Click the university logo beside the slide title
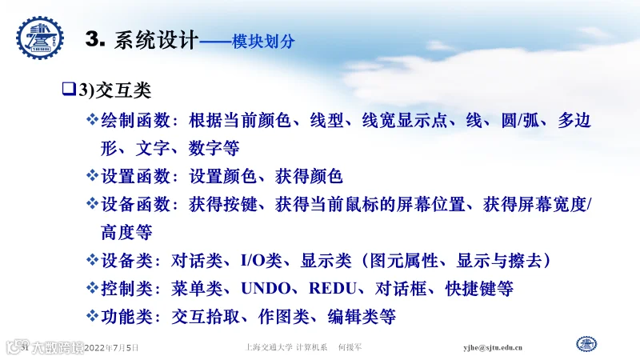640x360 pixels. coord(40,38)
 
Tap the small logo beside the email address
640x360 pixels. coord(586,344)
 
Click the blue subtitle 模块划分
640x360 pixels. coord(263,41)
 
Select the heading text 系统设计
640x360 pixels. coord(156,40)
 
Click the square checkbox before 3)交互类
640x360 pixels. coord(69,89)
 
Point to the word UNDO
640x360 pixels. coord(266,288)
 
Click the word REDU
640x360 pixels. coord(332,288)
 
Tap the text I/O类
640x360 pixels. coord(262,261)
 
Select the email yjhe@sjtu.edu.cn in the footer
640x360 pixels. coord(493,348)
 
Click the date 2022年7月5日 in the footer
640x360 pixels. coord(111,348)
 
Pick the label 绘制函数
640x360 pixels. coord(135,120)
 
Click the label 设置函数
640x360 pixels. coord(135,176)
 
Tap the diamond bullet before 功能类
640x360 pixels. coord(92,315)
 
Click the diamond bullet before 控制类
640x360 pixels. coord(92,287)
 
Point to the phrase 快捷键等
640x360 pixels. coord(479,289)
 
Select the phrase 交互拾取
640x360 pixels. coord(206,316)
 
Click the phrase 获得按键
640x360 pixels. coord(223,204)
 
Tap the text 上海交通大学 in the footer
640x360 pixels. coord(269,347)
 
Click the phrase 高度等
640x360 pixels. coord(126,232)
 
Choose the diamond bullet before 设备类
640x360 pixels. coord(92,259)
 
